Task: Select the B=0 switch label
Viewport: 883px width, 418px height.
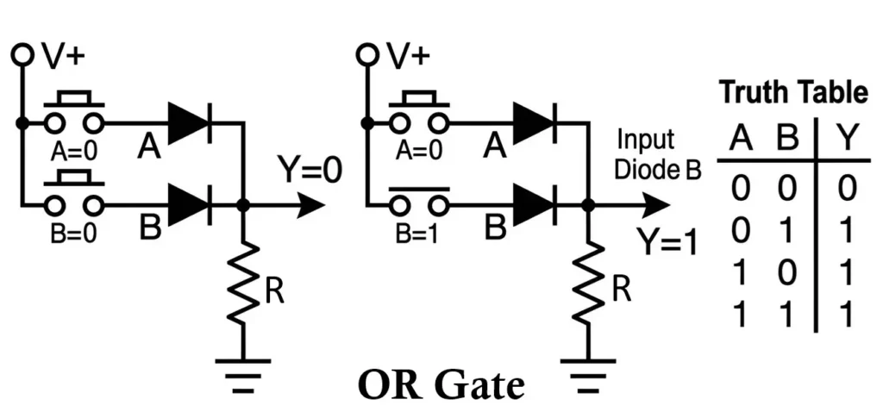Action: [x=72, y=235]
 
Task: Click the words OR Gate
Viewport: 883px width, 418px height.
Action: [x=441, y=384]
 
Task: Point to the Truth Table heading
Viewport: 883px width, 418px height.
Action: [x=792, y=91]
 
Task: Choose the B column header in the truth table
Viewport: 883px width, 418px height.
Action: [x=786, y=138]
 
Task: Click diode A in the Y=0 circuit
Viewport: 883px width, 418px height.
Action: [x=189, y=123]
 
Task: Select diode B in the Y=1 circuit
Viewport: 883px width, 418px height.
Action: [x=532, y=205]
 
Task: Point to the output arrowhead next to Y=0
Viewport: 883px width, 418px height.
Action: [x=312, y=206]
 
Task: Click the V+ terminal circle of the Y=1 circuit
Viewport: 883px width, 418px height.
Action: [x=366, y=54]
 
